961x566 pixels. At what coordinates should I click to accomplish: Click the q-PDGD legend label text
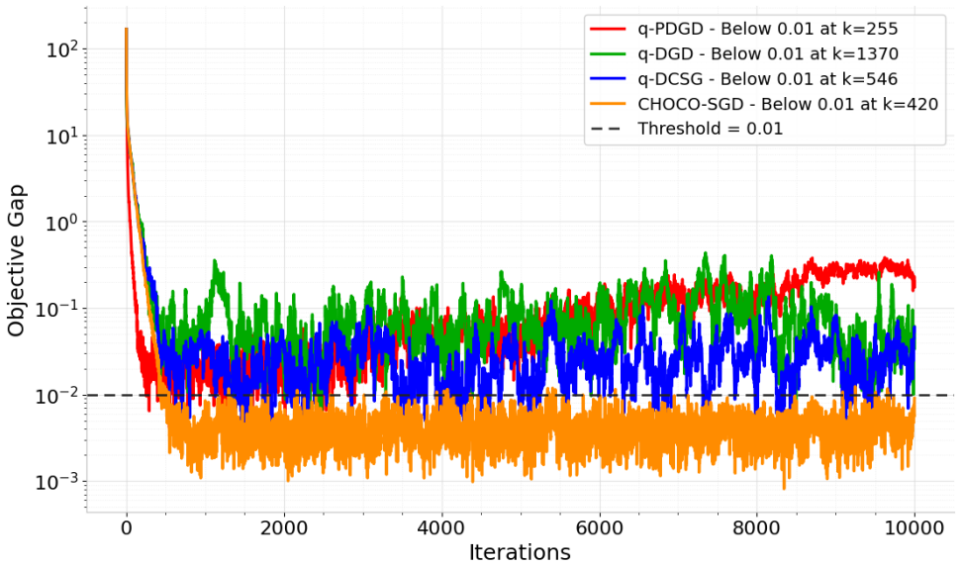(x=767, y=28)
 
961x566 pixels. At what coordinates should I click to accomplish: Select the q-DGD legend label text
(x=768, y=53)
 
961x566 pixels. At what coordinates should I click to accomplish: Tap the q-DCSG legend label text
(x=767, y=79)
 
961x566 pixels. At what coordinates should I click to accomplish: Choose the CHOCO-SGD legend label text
(x=788, y=104)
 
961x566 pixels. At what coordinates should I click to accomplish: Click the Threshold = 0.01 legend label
(x=711, y=129)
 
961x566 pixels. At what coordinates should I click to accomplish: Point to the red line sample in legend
(x=608, y=29)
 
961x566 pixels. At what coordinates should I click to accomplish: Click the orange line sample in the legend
(x=608, y=104)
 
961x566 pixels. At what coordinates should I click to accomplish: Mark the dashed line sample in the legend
(x=608, y=130)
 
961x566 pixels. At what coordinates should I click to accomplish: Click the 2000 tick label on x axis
(x=284, y=527)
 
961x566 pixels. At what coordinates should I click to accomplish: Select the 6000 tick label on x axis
(x=599, y=527)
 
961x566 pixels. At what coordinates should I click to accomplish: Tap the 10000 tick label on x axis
(x=914, y=527)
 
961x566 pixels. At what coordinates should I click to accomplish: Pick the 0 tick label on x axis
(x=127, y=527)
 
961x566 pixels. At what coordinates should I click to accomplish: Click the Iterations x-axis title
(x=520, y=552)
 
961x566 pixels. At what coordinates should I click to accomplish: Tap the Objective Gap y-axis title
(x=17, y=260)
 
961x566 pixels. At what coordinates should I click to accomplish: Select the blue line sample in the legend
(x=608, y=79)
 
